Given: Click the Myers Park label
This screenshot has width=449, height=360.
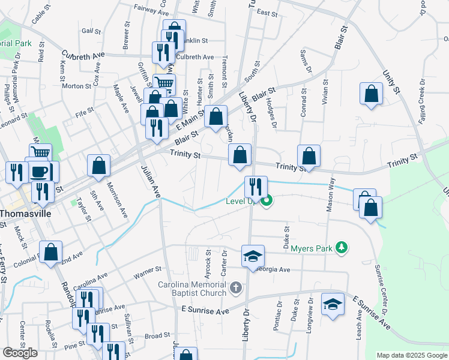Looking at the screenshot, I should tap(312, 248).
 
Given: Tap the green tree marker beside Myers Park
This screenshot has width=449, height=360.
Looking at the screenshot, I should tap(342, 247).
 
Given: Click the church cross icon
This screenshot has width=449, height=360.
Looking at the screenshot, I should tap(236, 289).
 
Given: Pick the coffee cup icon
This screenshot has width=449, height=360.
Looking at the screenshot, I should tap(40, 171).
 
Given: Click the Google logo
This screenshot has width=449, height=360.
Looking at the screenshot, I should tap(20, 353).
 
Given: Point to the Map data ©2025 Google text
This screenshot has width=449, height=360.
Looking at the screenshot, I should tap(412, 355).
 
